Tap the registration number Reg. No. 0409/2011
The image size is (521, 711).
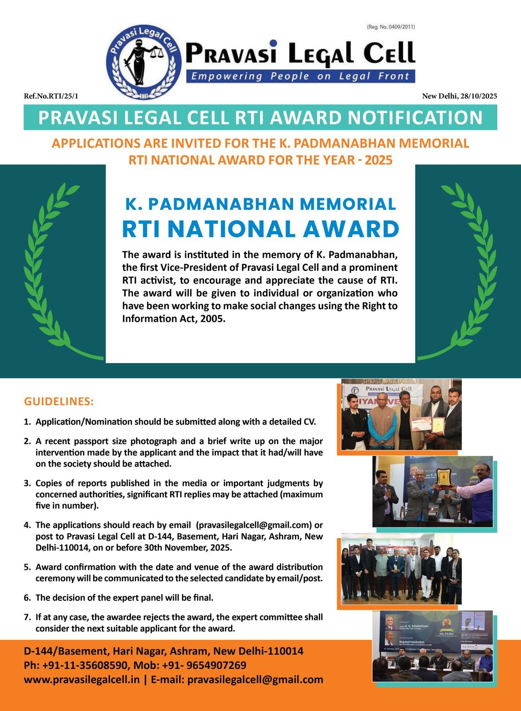pyautogui.click(x=390, y=27)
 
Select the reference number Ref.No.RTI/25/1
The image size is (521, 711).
pyautogui.click(x=51, y=96)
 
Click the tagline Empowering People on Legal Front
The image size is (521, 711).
pyautogui.click(x=300, y=76)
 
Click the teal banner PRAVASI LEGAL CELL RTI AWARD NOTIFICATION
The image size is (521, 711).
pyautogui.click(x=260, y=118)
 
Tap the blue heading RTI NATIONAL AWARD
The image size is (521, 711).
pyautogui.click(x=260, y=229)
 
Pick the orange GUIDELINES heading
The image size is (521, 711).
pyautogui.click(x=59, y=402)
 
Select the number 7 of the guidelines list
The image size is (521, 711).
pyautogui.click(x=27, y=617)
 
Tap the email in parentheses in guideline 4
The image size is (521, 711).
pyautogui.click(x=253, y=525)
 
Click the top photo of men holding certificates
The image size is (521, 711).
pyautogui.click(x=402, y=414)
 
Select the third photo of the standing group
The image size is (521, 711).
pyautogui.click(x=402, y=568)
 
